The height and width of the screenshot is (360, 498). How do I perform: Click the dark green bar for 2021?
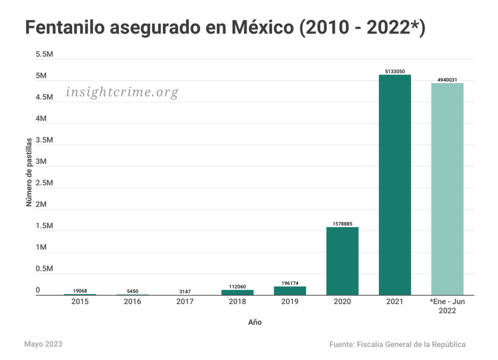395,185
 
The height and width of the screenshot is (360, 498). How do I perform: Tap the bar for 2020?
342,261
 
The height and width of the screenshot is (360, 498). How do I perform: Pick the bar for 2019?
290,290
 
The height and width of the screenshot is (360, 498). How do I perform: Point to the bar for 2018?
237,292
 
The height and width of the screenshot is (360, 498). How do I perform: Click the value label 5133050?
395,71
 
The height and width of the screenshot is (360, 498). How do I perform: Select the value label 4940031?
447,80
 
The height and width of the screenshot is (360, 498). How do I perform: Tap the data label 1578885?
342,224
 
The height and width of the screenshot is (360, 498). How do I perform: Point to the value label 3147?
185,291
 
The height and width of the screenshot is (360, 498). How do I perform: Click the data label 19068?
80,290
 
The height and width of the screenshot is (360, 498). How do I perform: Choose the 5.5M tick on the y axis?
44,54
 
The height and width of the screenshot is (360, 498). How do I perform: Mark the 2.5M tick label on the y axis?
44,183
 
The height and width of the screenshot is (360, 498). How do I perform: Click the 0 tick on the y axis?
38,290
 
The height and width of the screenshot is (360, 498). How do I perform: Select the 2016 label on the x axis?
132,302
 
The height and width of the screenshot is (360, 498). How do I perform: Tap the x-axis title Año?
255,322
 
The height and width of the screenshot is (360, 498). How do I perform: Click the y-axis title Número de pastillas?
29,172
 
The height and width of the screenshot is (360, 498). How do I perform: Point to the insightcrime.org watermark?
122,92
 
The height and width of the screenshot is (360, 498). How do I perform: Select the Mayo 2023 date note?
43,344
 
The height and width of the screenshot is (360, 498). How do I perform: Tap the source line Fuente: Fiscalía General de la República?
397,344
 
